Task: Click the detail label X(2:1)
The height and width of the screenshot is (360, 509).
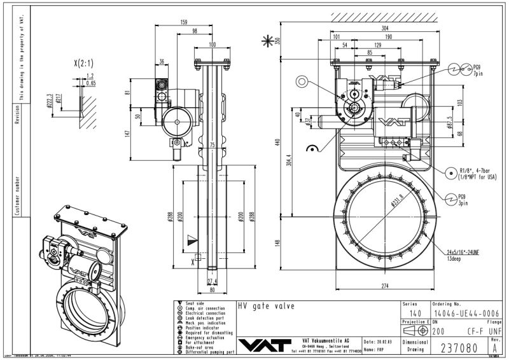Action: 83,63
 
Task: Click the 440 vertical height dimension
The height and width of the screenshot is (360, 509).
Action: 277,141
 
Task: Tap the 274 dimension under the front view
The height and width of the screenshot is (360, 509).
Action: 384,286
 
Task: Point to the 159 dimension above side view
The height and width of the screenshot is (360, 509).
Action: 183,22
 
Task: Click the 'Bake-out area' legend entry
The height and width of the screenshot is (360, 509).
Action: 201,346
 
